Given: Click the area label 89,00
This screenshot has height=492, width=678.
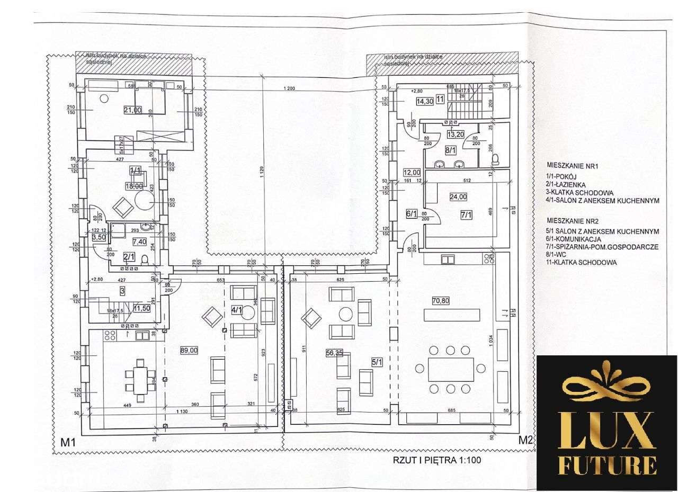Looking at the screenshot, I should coord(189,350).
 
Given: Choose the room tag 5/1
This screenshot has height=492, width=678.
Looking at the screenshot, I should coord(377,362).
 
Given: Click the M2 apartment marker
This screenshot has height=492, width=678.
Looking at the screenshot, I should coord(524,439).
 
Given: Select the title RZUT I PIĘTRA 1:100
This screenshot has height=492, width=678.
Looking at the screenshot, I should coord(436,460).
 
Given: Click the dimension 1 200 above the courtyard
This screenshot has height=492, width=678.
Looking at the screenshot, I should coord(289,88).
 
